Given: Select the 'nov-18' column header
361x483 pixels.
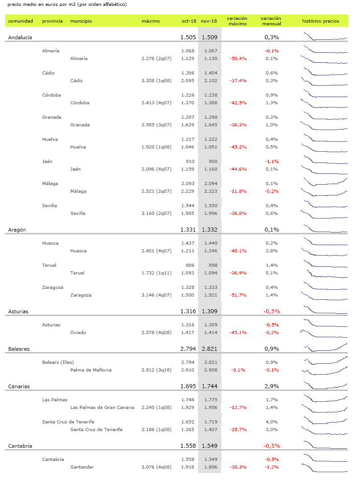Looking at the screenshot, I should tap(209, 21).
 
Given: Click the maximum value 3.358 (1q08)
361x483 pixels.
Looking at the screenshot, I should tap(157, 81).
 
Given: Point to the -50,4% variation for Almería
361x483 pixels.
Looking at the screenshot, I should tap(238, 59).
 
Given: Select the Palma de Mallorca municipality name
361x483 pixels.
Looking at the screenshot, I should tap(91, 370).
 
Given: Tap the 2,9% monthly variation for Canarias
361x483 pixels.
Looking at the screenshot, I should tap(272, 386).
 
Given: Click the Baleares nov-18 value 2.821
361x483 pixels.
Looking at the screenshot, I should tap(209, 349).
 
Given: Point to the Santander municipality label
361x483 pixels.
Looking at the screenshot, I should tap(82, 467).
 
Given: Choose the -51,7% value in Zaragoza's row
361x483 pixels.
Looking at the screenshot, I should tap(238, 295).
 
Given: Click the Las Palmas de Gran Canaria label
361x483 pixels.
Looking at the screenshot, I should tap(102, 408).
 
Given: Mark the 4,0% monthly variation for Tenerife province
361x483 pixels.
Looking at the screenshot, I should tap(272, 422).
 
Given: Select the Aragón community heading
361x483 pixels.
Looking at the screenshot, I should tap(17, 230).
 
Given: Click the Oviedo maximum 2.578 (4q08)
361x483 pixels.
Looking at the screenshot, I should tap(157, 333).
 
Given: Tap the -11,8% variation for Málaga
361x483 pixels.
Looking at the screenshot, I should tap(238, 191).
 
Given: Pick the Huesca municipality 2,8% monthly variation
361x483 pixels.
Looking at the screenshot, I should tap(272, 251).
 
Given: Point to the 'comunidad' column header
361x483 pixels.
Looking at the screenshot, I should tap(21, 21).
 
